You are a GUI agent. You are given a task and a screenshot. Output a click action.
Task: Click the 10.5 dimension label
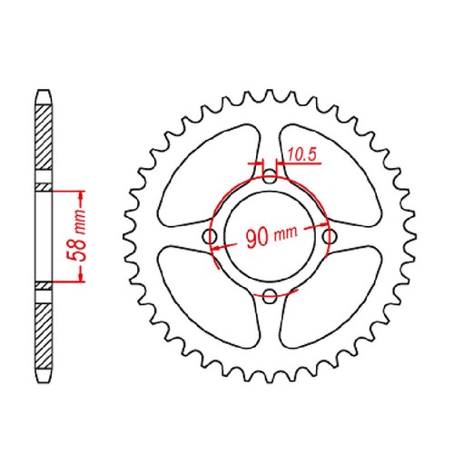point(301,154)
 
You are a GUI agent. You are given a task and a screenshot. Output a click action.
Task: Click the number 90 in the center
point(257,238)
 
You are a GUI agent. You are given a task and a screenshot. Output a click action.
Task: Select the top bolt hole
point(270,176)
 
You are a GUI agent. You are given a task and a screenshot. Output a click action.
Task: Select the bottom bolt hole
point(270,296)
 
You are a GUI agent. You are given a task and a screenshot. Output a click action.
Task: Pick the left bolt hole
point(210,236)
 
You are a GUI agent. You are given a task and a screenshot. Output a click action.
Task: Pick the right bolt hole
point(330,236)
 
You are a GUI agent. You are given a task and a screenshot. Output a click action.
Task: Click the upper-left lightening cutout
point(209,175)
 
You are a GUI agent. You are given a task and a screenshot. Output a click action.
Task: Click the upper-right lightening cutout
point(330,175)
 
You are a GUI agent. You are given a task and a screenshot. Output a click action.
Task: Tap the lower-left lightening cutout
point(209,297)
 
